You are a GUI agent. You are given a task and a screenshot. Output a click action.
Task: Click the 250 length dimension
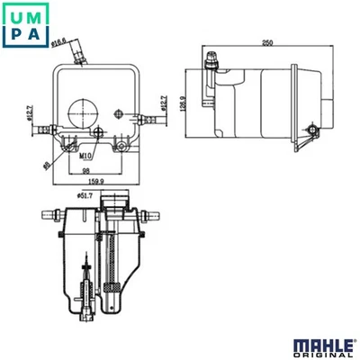pyautogui.click(x=268, y=42)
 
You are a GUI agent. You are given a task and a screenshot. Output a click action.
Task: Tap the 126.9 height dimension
pyautogui.click(x=183, y=103)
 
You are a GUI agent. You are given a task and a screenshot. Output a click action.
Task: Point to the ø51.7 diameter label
pyautogui.click(x=87, y=193)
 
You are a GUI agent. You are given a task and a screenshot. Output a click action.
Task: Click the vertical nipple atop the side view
pyautogui.click(x=212, y=61)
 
